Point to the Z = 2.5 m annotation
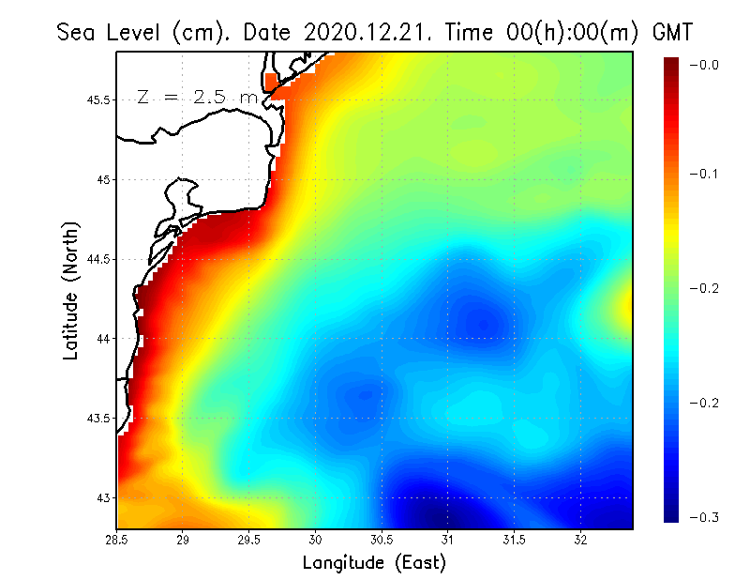coord(198,97)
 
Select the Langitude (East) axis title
coord(374,562)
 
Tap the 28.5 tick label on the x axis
coord(117,540)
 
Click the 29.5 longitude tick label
coord(249,540)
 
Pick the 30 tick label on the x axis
coord(316,540)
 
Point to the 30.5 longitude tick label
coord(382,540)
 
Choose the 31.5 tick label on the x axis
coord(514,540)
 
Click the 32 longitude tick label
coord(580,540)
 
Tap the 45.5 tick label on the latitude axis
coord(97,99)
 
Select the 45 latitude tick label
coord(103,179)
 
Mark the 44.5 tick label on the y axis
coord(97,259)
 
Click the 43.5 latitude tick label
coord(97,418)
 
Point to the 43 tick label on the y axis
coord(103,497)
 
